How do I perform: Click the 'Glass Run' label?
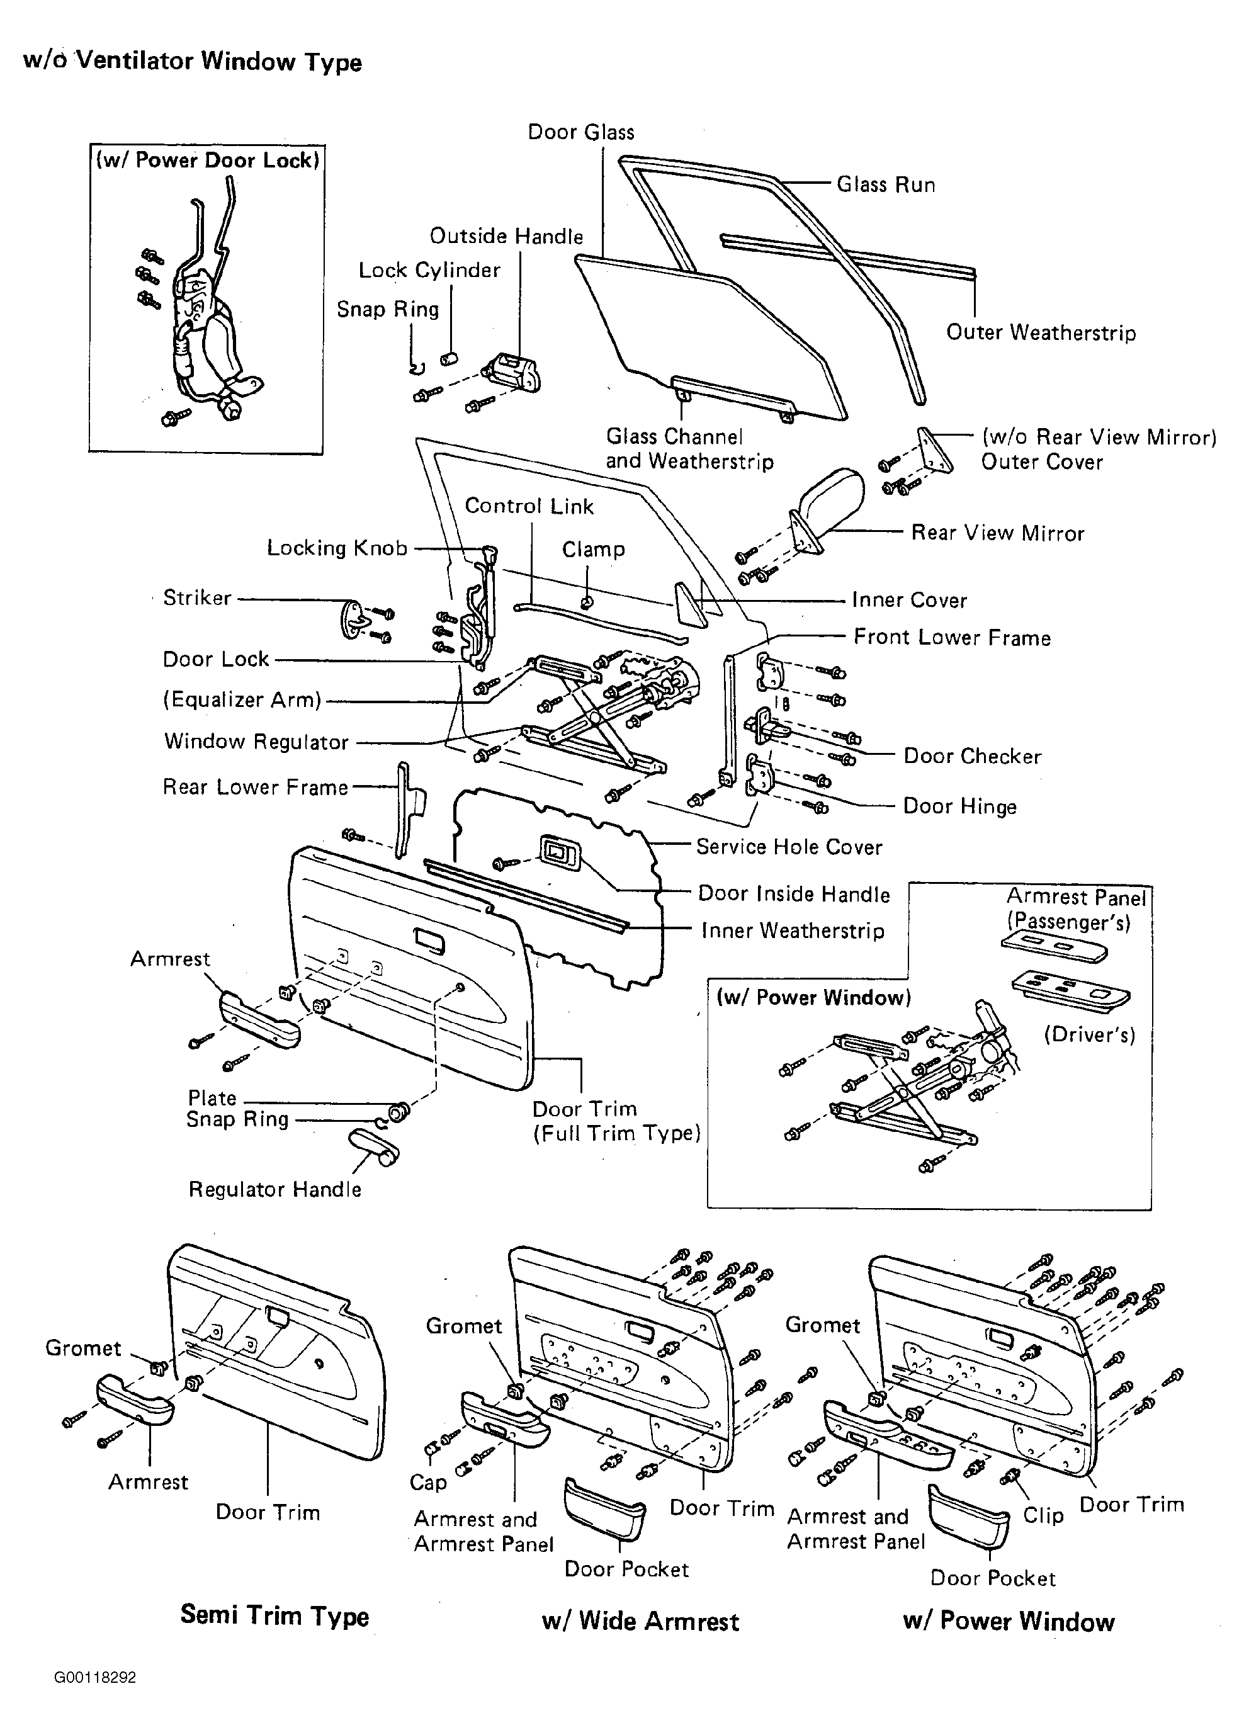pyautogui.click(x=886, y=184)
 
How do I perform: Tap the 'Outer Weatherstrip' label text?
pyautogui.click(x=1041, y=332)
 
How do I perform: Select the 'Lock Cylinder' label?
pyautogui.click(x=429, y=271)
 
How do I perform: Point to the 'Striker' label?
pyautogui.click(x=197, y=597)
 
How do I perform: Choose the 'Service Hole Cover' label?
pyautogui.click(x=789, y=847)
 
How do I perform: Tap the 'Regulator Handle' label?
pyautogui.click(x=274, y=1189)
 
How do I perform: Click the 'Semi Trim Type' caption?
pyautogui.click(x=274, y=1615)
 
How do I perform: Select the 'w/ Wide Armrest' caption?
pyautogui.click(x=640, y=1621)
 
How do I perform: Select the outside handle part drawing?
pyautogui.click(x=512, y=372)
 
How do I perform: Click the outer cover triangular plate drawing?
pyautogui.click(x=934, y=451)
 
